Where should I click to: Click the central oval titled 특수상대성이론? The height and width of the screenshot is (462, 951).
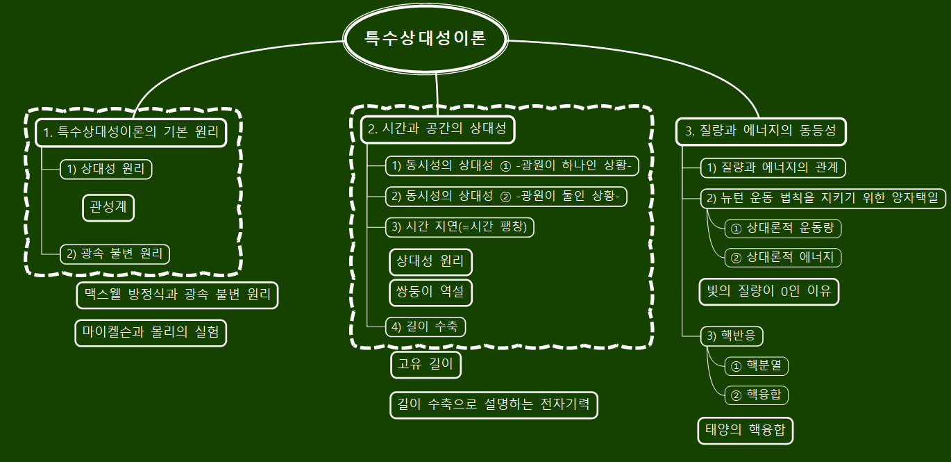click(x=426, y=39)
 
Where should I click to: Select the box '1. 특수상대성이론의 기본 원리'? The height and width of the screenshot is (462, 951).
click(x=132, y=132)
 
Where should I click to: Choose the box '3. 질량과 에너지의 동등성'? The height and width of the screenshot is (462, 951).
click(x=761, y=131)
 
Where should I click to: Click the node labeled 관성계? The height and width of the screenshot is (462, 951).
click(x=108, y=207)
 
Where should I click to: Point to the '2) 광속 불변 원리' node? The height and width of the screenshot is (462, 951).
click(x=115, y=254)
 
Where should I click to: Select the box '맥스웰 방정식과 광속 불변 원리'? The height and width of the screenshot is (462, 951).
click(x=177, y=295)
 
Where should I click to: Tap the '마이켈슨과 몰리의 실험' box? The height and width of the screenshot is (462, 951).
click(x=151, y=333)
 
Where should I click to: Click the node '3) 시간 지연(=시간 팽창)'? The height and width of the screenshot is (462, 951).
click(x=460, y=226)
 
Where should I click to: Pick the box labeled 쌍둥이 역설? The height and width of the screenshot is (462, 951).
click(x=430, y=292)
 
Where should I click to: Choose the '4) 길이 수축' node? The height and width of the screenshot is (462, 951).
click(x=425, y=326)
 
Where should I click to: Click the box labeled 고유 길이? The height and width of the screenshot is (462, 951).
click(x=426, y=365)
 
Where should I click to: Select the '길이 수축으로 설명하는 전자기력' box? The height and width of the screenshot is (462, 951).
click(x=494, y=404)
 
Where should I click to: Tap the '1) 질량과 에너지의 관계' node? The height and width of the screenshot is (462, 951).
click(x=773, y=167)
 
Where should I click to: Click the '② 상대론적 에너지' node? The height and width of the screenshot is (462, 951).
click(x=782, y=257)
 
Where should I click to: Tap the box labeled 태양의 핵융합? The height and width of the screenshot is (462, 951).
click(x=745, y=430)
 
